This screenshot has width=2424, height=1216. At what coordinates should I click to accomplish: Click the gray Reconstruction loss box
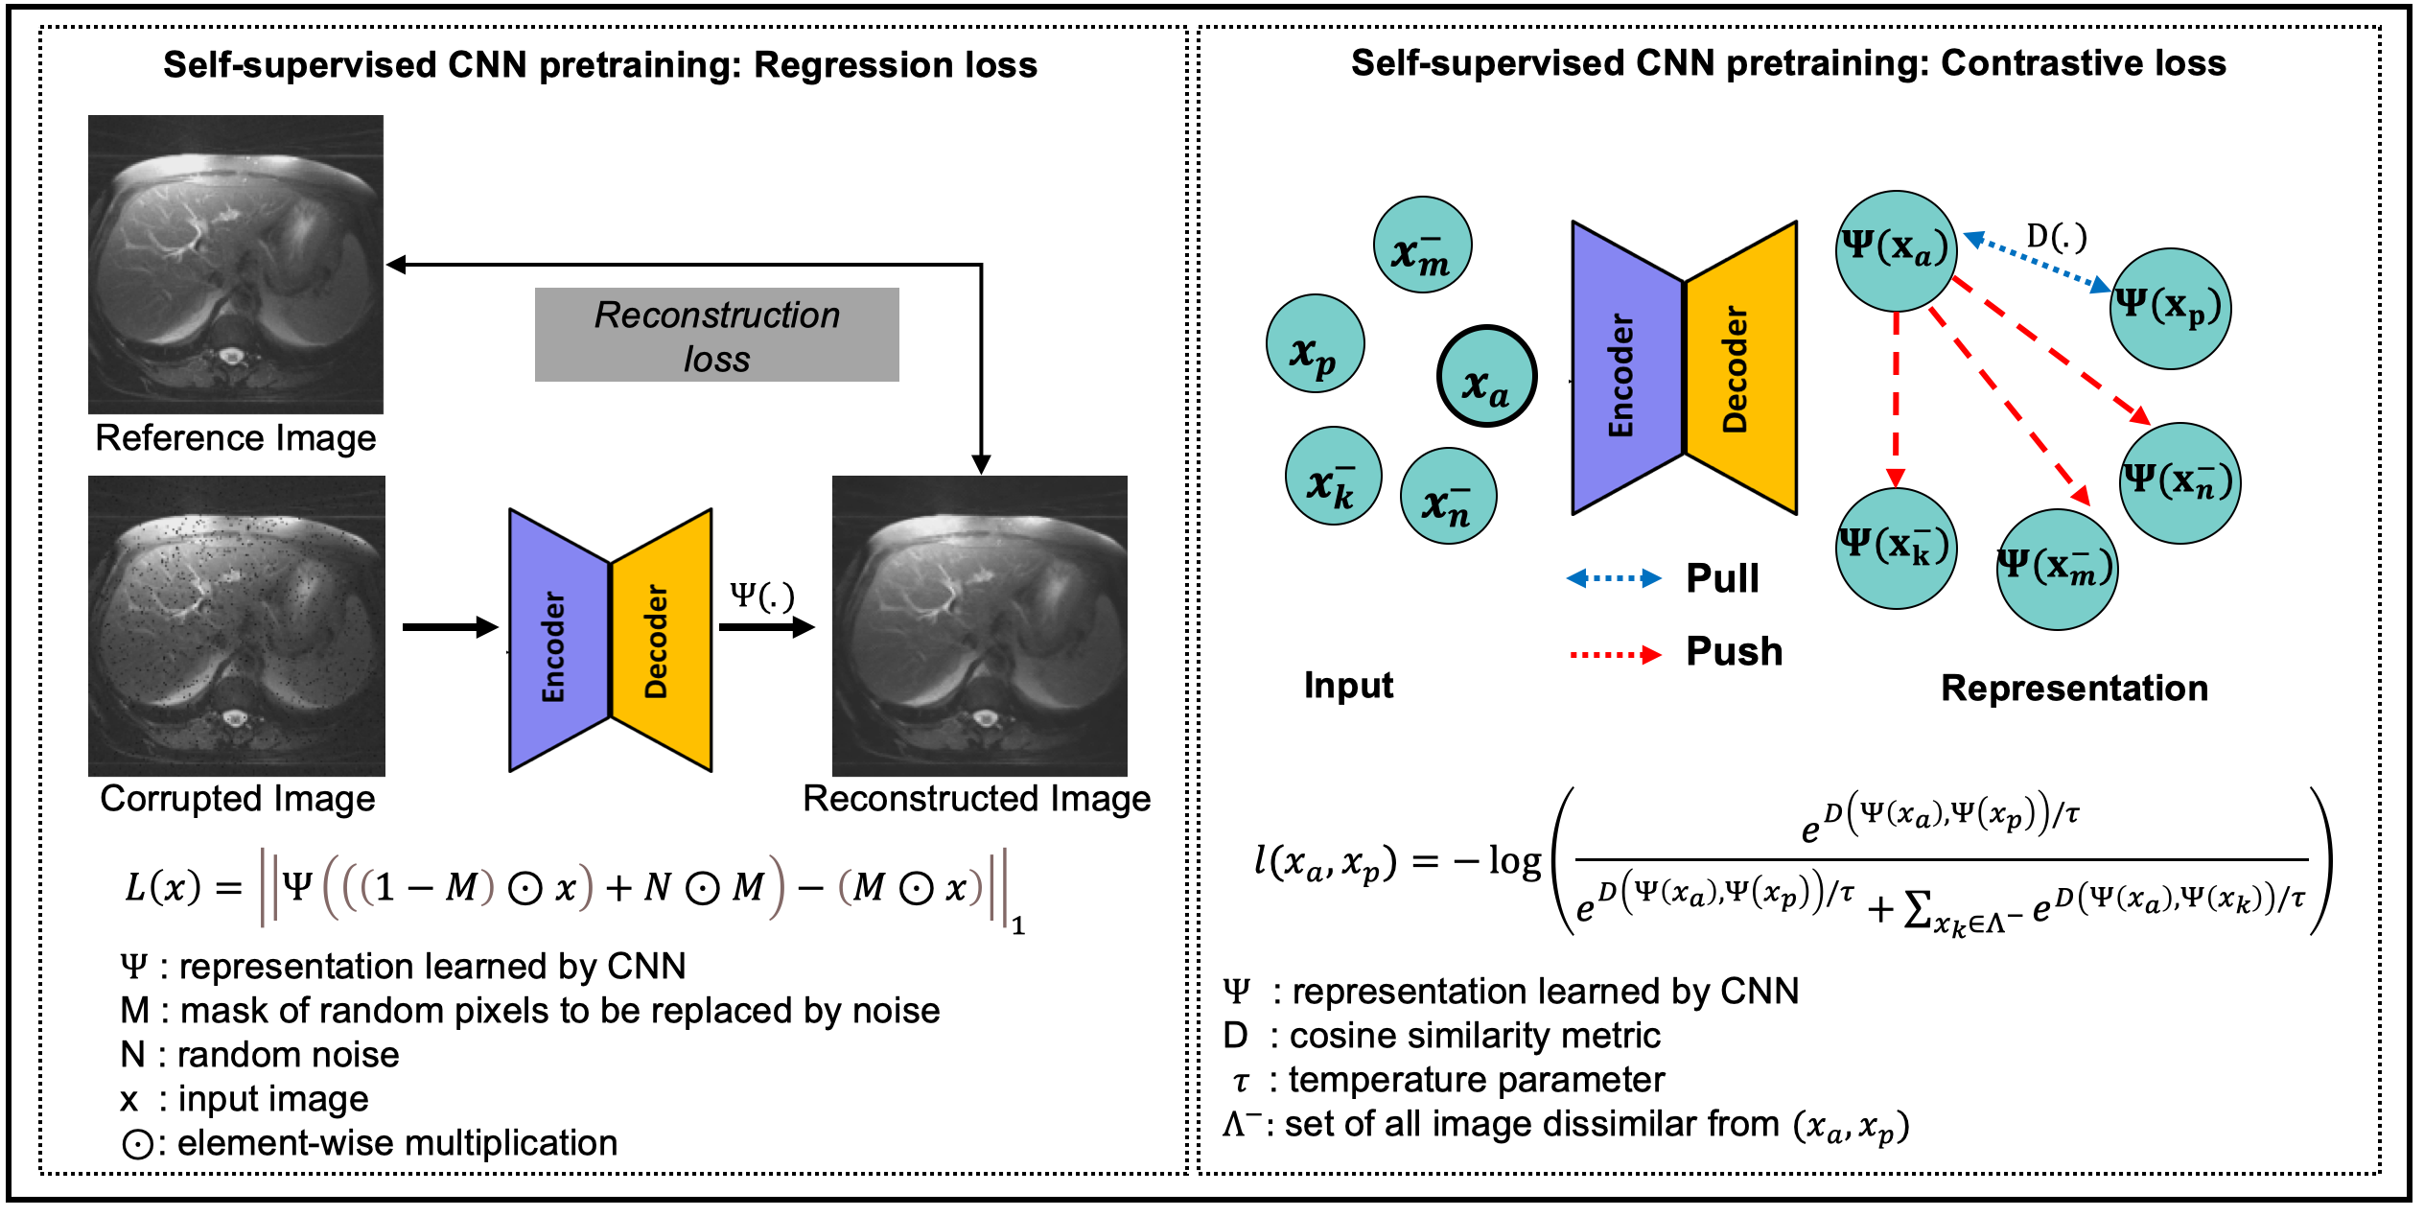click(x=716, y=335)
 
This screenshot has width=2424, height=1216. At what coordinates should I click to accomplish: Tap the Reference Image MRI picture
click(x=236, y=265)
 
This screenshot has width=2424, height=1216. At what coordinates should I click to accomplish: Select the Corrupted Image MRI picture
click(x=236, y=625)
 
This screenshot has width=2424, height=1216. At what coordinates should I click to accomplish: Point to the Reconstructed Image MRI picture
click(x=979, y=625)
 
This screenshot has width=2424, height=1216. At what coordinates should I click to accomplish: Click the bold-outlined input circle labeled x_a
click(x=1486, y=376)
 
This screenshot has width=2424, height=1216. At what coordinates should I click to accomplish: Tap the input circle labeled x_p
click(x=1315, y=343)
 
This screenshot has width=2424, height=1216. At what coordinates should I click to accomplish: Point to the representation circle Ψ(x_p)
click(x=2171, y=309)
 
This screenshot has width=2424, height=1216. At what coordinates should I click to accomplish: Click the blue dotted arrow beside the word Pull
click(x=1614, y=578)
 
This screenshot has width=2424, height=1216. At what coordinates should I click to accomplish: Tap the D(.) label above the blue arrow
click(x=2056, y=237)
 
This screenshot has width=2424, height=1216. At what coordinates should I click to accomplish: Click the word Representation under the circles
click(x=2074, y=689)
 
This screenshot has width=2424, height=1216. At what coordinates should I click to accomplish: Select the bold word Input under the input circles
click(x=1348, y=686)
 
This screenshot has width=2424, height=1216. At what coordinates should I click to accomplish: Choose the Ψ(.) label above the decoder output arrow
click(x=762, y=596)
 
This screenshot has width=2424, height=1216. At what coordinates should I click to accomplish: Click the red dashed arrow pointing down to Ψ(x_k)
click(x=1896, y=398)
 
